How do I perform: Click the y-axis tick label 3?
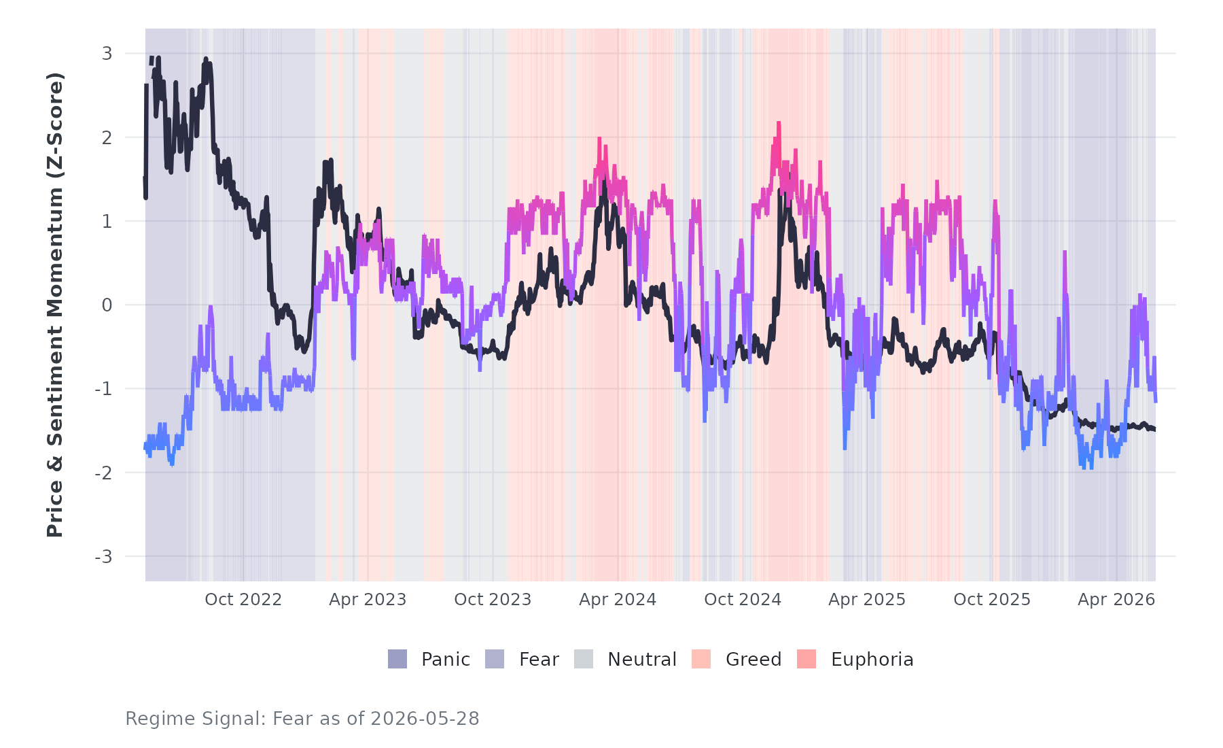107,53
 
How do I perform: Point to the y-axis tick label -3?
103,556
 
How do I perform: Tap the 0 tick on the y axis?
107,305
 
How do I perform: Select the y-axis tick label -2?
103,473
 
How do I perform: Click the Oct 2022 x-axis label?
243,599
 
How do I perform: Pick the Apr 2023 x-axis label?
368,599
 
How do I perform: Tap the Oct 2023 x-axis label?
493,599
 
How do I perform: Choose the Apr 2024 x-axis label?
618,599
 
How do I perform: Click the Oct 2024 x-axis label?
743,599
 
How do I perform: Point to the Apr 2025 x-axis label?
867,599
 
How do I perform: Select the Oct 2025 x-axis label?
992,599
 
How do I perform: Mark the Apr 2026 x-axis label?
1116,599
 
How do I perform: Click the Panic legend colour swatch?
397,659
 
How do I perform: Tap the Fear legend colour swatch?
495,659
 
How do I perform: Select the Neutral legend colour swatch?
584,659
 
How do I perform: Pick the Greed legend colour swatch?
701,659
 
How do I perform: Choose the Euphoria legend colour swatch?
807,659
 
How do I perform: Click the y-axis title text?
55,305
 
